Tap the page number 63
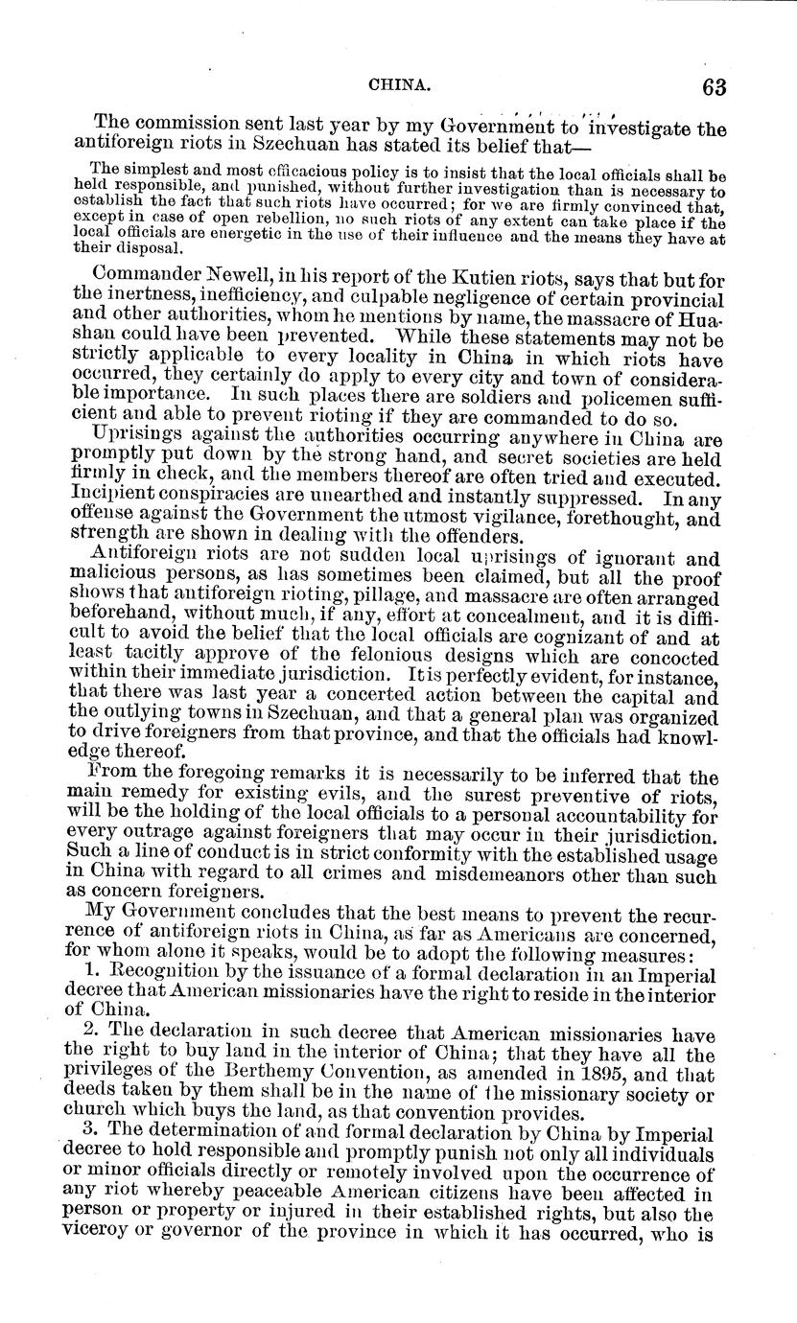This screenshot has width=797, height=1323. click(713, 86)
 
